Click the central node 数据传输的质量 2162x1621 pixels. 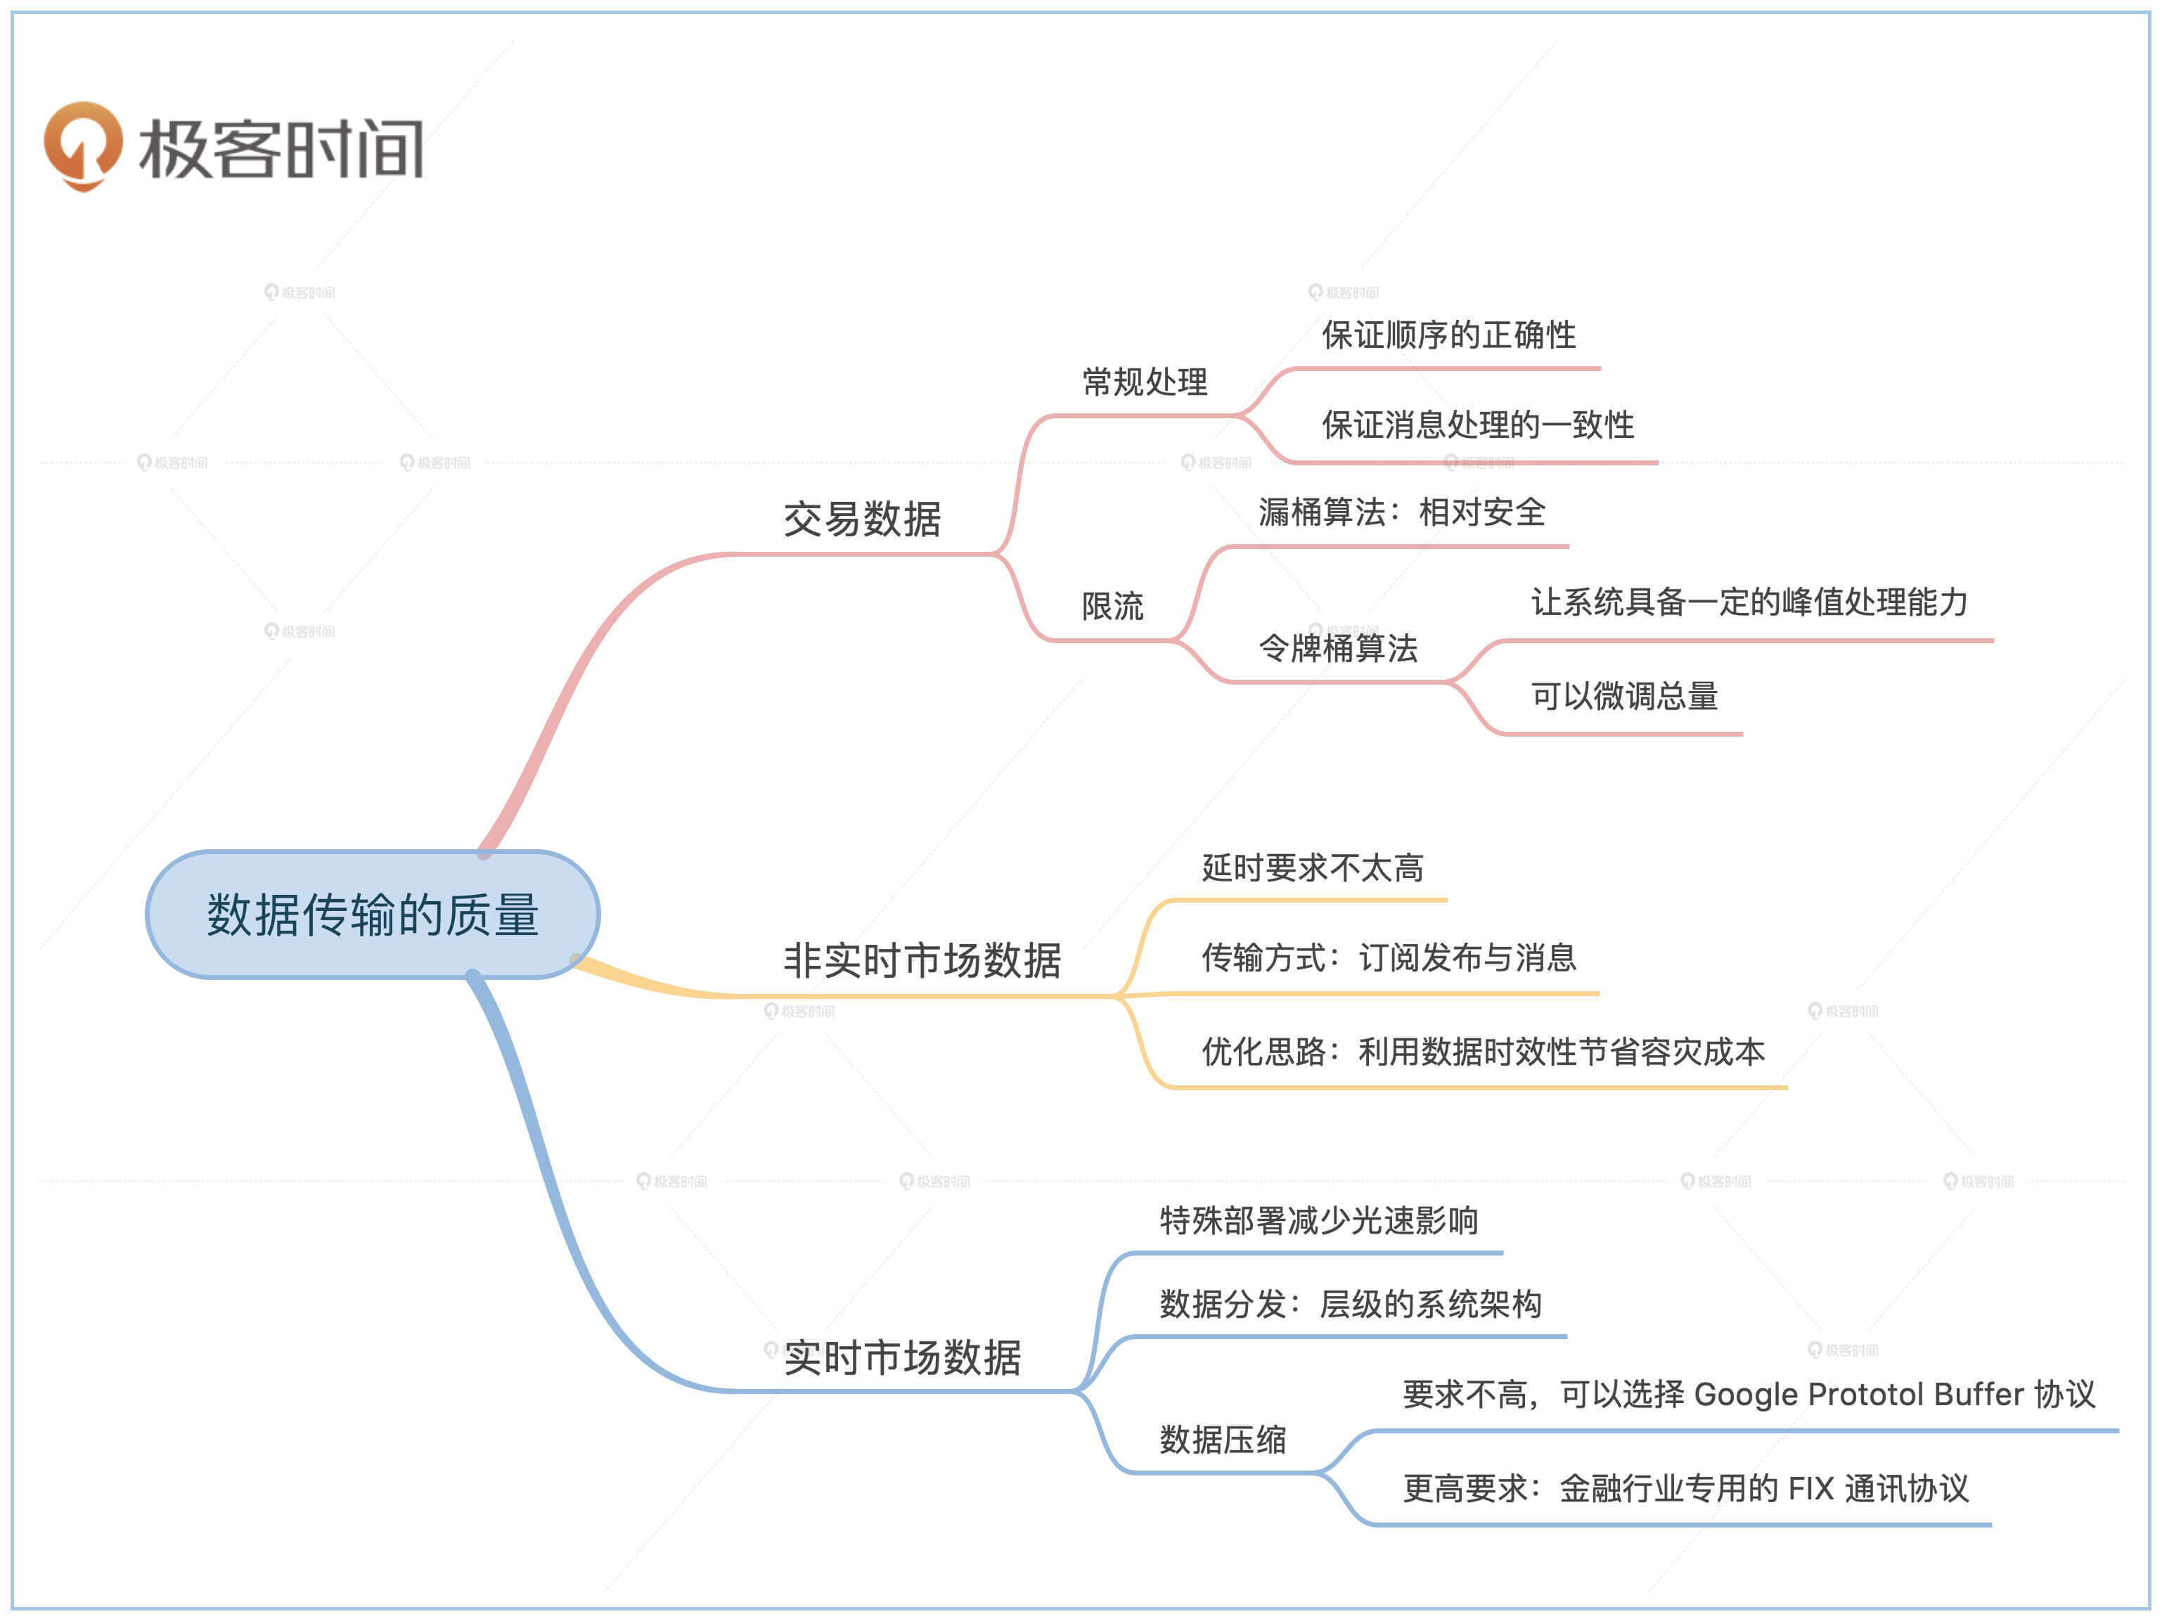[x=373, y=915]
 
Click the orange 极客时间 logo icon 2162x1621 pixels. [x=83, y=146]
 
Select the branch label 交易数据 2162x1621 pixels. [x=861, y=519]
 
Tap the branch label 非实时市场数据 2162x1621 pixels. [x=922, y=960]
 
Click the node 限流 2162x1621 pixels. [x=1112, y=606]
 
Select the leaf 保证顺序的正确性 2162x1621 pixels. [x=1448, y=335]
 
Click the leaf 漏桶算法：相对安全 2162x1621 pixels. [x=1401, y=512]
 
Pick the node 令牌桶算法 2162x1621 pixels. [x=1337, y=648]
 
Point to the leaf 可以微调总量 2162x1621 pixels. [x=1623, y=696]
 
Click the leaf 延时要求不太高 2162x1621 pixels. [x=1312, y=867]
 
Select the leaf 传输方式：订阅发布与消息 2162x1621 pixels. [x=1388, y=957]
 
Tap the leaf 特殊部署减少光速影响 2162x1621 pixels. [x=1318, y=1220]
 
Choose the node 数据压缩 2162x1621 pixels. [x=1222, y=1439]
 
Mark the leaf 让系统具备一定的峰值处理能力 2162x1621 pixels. [x=1749, y=602]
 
